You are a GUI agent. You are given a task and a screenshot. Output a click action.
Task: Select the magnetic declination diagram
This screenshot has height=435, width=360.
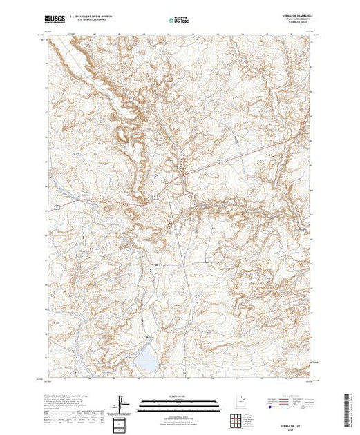click(x=120, y=402)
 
